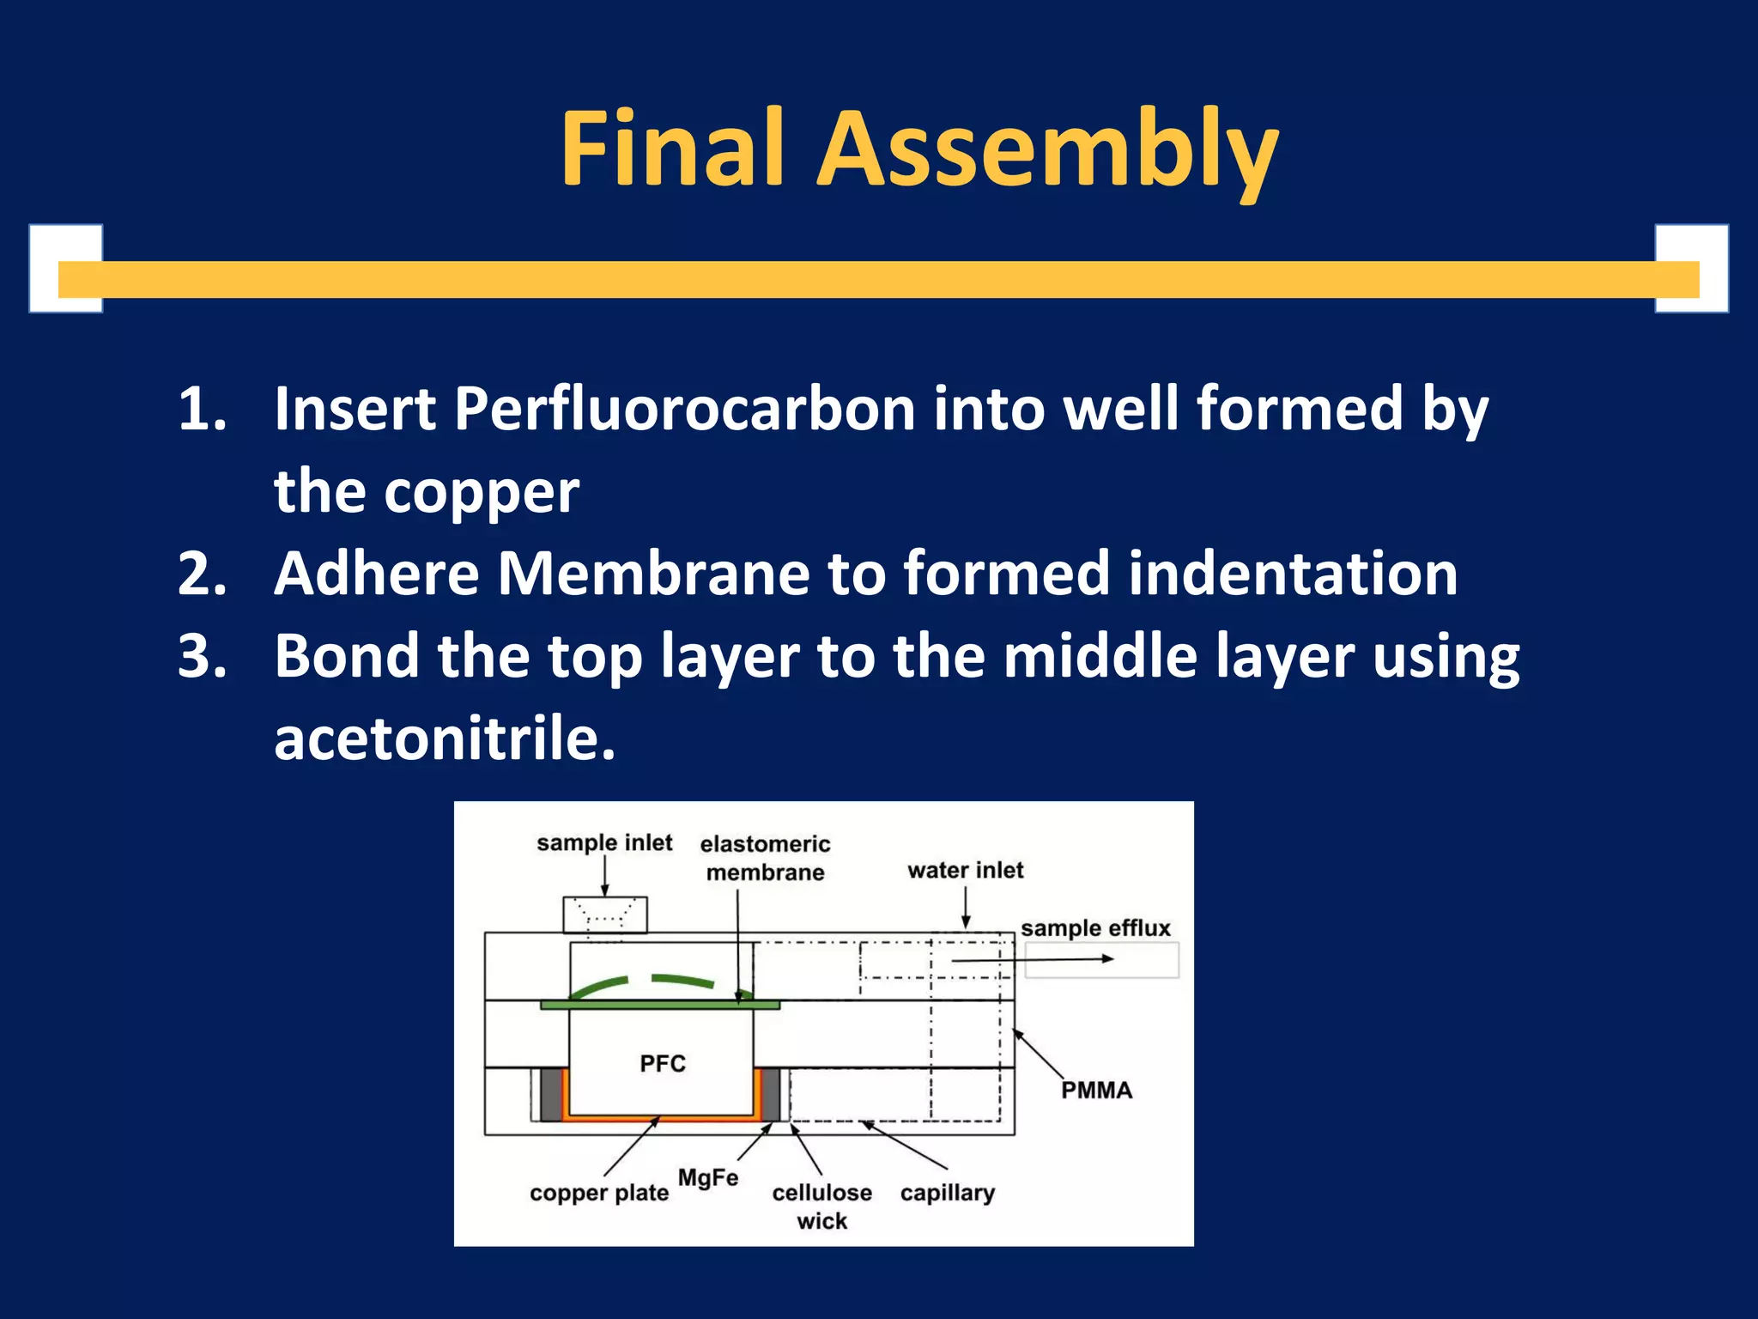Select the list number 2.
(203, 574)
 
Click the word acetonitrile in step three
(445, 739)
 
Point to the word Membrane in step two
(653, 574)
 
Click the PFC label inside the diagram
(663, 1064)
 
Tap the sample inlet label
(604, 842)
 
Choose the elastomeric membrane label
(765, 858)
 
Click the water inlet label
(966, 870)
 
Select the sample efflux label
(1095, 928)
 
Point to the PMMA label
(1096, 1091)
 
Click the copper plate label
(599, 1193)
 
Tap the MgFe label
(708, 1177)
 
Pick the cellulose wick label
(821, 1207)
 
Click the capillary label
(948, 1193)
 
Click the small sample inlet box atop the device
(605, 915)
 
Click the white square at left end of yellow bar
(66, 269)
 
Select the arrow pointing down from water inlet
(966, 907)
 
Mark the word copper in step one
(481, 492)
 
